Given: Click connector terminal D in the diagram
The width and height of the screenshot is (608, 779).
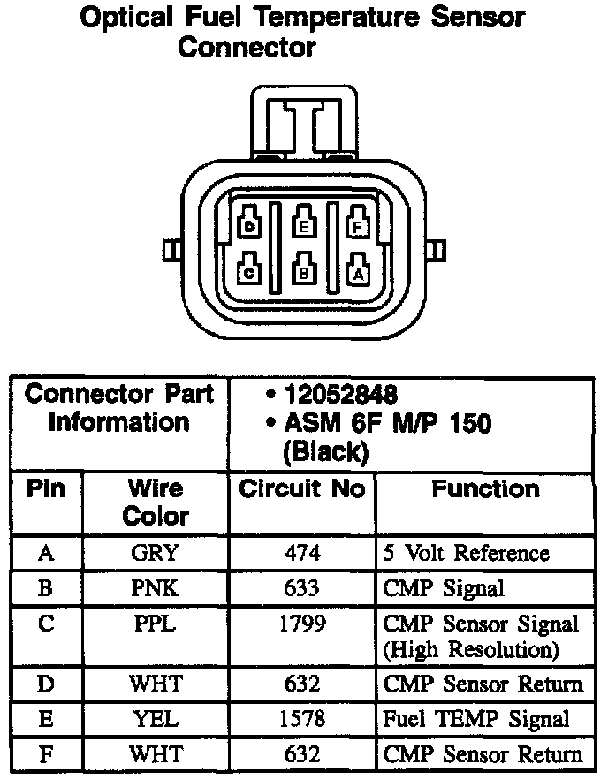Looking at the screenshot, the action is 250,226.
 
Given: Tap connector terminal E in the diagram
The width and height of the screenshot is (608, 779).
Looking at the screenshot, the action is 304,225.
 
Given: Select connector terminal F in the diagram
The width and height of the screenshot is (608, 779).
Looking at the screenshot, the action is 358,226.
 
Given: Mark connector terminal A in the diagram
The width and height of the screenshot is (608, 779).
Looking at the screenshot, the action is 358,272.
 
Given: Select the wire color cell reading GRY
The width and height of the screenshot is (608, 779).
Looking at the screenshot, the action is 155,554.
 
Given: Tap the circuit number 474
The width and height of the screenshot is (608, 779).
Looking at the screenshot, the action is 301,554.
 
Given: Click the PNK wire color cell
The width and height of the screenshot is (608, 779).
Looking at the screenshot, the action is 155,587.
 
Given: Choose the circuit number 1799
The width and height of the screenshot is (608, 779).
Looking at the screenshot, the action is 301,624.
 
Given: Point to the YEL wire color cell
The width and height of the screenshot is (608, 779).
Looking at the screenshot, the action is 155,720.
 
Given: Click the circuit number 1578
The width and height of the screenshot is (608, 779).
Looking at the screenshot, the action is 301,720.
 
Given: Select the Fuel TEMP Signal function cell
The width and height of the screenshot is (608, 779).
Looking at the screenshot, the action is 476,720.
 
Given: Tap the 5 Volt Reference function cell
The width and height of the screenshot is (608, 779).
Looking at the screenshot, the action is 466,554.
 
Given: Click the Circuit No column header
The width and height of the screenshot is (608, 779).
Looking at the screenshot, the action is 301,489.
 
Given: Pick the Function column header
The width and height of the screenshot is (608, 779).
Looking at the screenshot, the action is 485,489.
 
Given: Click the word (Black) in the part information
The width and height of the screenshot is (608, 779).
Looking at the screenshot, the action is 324,452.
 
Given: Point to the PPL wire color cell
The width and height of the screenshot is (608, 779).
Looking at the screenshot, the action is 155,624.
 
